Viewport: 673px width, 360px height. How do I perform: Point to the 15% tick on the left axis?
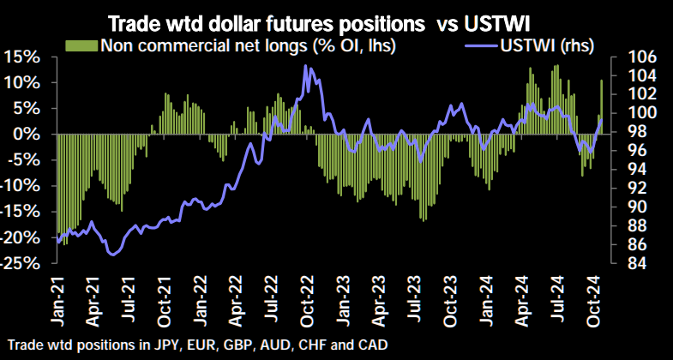(20, 57)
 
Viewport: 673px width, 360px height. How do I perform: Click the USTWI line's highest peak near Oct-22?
(306, 67)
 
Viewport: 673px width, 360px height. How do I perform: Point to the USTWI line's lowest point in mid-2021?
(111, 254)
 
